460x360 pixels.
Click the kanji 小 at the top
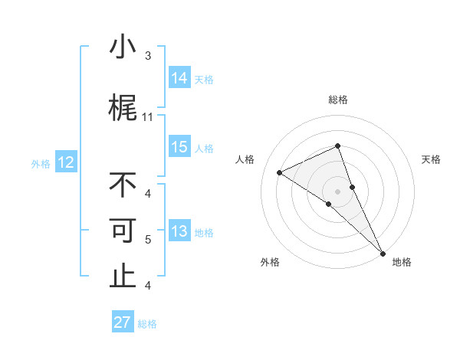pos(123,47)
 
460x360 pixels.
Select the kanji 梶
pos(123,108)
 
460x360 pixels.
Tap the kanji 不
pos(123,185)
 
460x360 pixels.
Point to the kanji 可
pos(123,231)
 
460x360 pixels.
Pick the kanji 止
pos(123,277)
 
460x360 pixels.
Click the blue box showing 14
pos(179,78)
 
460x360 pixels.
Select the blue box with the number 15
pos(179,147)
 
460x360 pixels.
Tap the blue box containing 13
pos(179,231)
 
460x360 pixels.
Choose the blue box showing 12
pos(66,162)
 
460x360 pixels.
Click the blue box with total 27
pos(123,322)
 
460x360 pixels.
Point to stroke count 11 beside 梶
pos(148,117)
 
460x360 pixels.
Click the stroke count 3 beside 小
pos(148,56)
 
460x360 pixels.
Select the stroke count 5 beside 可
pos(148,240)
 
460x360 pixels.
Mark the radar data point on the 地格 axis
pos(383,253)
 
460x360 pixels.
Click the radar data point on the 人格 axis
pos(280,172)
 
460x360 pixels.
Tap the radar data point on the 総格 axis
pos(337,146)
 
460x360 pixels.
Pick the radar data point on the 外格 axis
pos(328,204)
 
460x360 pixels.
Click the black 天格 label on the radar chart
pos(431,159)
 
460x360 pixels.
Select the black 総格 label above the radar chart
pos(337,100)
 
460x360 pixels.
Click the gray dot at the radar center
pos(337,191)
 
